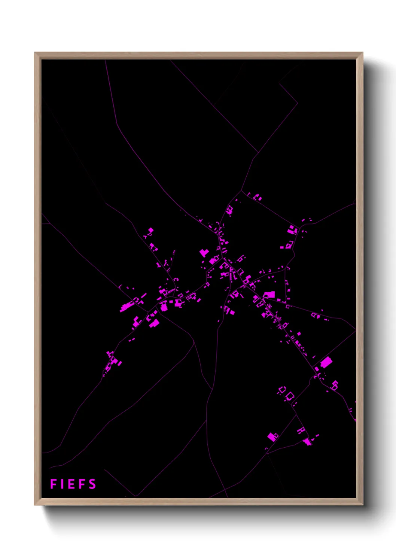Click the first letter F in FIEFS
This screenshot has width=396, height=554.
coord(53,484)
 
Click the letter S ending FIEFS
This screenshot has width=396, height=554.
coord(92,484)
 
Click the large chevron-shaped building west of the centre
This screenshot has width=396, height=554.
coord(204,253)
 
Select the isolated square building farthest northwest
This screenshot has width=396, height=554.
coord(150,230)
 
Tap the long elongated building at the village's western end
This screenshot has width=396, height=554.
coord(127,307)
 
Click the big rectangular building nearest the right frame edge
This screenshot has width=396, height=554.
coord(326,362)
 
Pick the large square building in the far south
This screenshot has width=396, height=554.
coord(272,436)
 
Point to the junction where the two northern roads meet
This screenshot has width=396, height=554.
coord(258,153)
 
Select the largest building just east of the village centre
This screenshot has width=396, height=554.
coord(269,295)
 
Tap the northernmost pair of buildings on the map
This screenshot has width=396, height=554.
coord(257,197)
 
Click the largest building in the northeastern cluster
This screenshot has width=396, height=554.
coord(291,229)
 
